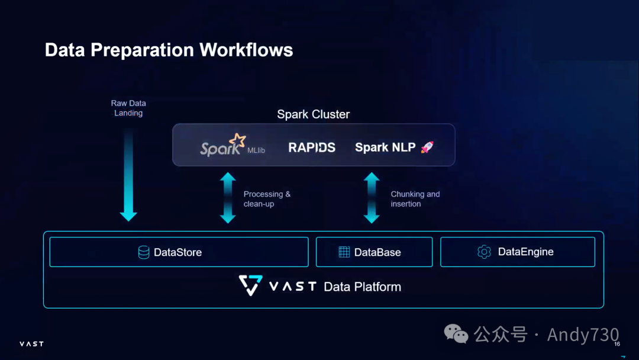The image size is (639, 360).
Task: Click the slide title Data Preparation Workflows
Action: [x=169, y=50]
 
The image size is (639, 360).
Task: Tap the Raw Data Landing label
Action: [x=128, y=108]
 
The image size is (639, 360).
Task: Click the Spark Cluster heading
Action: [x=313, y=114]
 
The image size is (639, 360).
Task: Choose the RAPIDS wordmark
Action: [x=312, y=147]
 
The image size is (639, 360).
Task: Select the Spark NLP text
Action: [x=385, y=147]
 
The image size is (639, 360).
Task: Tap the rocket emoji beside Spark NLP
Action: [x=427, y=147]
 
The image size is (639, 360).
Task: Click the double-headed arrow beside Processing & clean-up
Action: [x=228, y=198]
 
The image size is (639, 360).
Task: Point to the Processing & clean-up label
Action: [x=267, y=199]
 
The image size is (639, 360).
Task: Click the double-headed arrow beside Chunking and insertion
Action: [x=372, y=198]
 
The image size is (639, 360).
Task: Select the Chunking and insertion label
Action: [x=415, y=199]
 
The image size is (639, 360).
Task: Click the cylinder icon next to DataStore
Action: [x=144, y=252]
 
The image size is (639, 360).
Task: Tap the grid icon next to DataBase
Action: [x=344, y=252]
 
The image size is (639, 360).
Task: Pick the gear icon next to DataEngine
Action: [x=484, y=252]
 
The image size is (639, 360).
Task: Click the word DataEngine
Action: [x=525, y=252]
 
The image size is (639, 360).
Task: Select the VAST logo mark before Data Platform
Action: [x=250, y=285]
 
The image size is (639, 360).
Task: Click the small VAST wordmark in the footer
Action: [x=31, y=344]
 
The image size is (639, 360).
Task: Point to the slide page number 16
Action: [x=617, y=345]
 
